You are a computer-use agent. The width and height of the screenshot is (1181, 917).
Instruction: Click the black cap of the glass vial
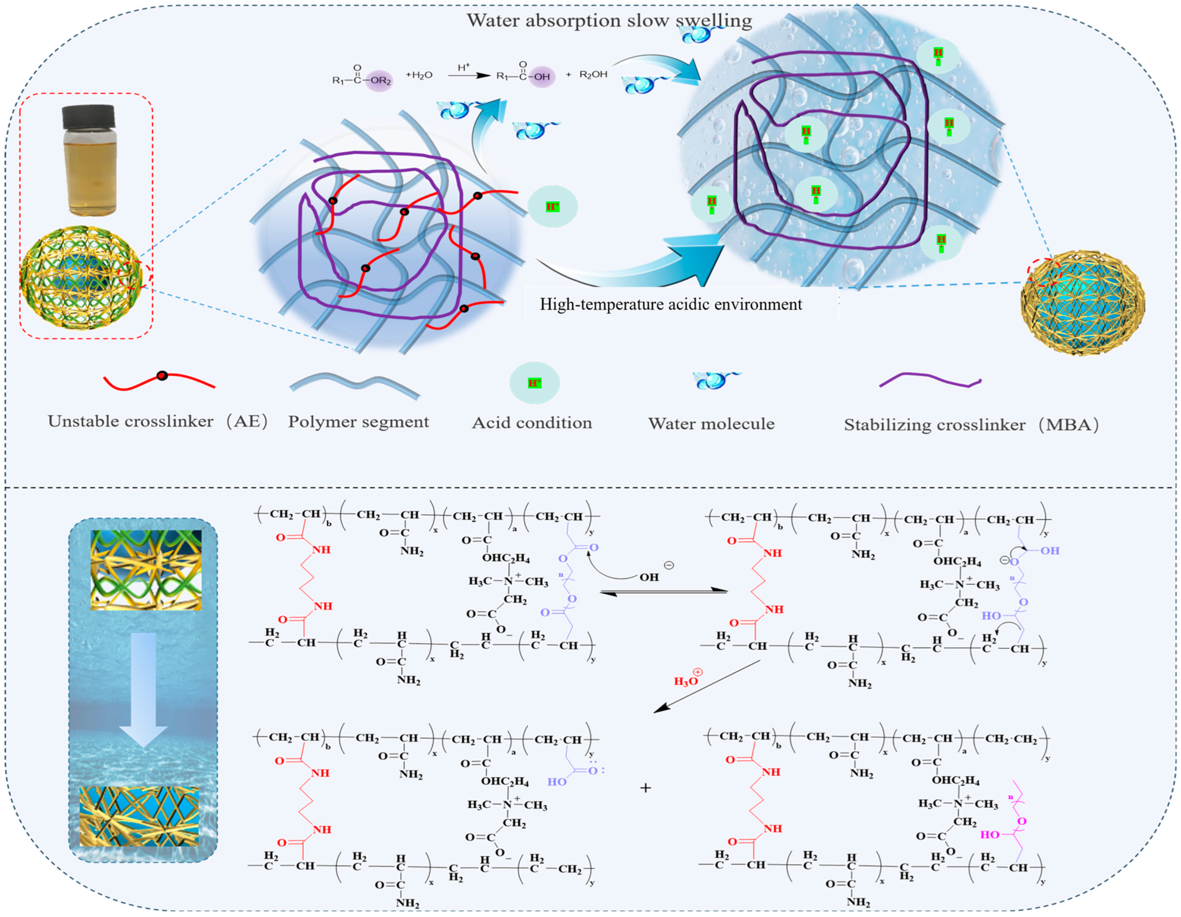[89, 117]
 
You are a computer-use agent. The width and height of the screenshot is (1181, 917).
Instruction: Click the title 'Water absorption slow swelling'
[610, 21]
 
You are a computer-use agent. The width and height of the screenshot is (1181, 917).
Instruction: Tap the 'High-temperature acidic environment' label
[670, 304]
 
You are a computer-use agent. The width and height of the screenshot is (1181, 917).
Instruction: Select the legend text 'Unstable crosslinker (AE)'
[157, 421]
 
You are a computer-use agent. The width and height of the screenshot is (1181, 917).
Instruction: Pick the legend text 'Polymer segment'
[358, 422]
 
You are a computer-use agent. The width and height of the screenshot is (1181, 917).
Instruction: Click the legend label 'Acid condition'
[532, 423]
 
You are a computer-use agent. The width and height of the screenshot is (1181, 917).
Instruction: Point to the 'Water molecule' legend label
[711, 424]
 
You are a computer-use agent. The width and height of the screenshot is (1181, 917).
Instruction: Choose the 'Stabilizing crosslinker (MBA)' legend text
[971, 425]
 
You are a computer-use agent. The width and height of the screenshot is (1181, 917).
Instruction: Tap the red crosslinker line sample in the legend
[159, 381]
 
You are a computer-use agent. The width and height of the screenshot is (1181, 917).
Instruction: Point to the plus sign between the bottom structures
[645, 788]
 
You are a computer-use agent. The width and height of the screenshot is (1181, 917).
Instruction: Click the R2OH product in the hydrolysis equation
[593, 75]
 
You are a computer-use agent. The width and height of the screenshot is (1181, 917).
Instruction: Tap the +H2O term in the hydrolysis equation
[419, 75]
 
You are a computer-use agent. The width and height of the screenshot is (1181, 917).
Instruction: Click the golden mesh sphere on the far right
[1083, 303]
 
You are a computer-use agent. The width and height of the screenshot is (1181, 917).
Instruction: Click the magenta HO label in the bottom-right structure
[990, 834]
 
